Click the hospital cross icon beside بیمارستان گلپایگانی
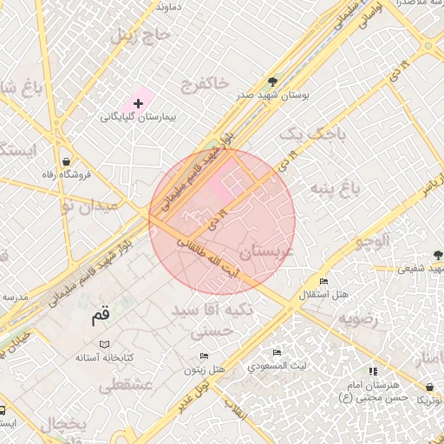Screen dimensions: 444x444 point(138,103)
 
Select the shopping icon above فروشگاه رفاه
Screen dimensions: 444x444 point(67,161)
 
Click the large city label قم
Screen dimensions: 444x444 point(101,317)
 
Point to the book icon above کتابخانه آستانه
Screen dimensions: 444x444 point(104,344)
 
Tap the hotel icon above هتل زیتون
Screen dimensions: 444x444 point(205,356)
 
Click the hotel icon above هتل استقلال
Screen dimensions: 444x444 point(323,282)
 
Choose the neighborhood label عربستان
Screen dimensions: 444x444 point(267,252)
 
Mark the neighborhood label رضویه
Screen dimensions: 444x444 point(359,318)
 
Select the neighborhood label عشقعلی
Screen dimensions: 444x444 point(126,384)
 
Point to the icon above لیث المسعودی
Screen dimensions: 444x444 point(277,352)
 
